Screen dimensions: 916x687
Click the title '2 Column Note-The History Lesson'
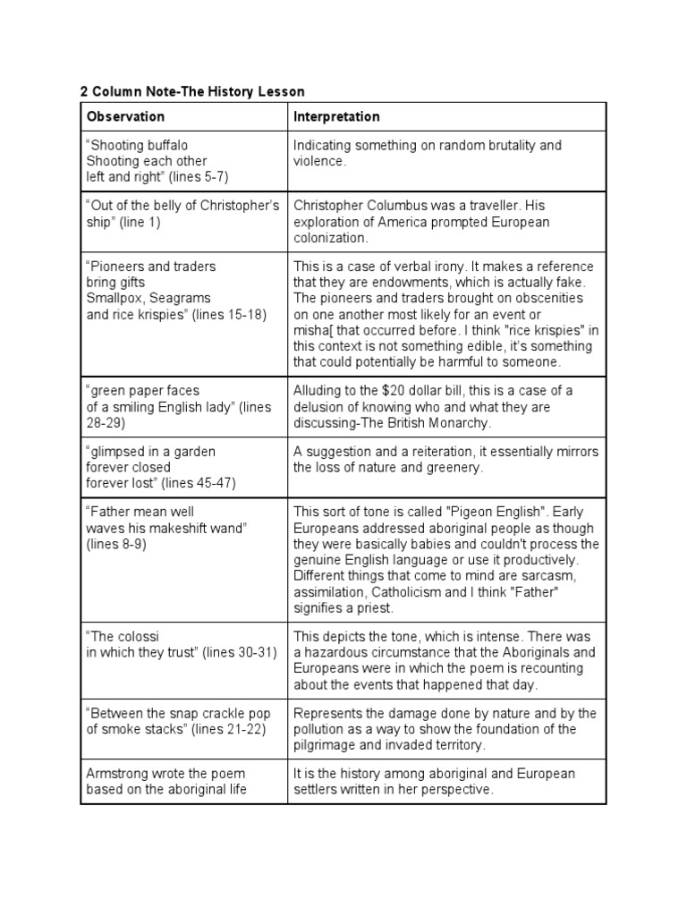192,91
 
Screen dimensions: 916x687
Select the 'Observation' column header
125,116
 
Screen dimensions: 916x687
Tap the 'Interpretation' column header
336,116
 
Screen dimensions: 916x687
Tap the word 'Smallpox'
113,299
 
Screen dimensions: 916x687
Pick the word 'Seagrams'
174,299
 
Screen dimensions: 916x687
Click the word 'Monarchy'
462,422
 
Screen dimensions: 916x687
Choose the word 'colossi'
119,637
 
